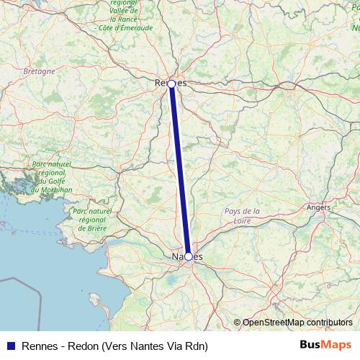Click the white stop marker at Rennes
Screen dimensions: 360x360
point(171,84)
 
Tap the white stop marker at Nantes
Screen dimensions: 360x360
point(188,256)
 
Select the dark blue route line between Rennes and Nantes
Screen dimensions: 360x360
point(180,170)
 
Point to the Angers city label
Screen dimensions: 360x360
point(318,207)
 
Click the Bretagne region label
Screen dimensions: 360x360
point(39,72)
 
